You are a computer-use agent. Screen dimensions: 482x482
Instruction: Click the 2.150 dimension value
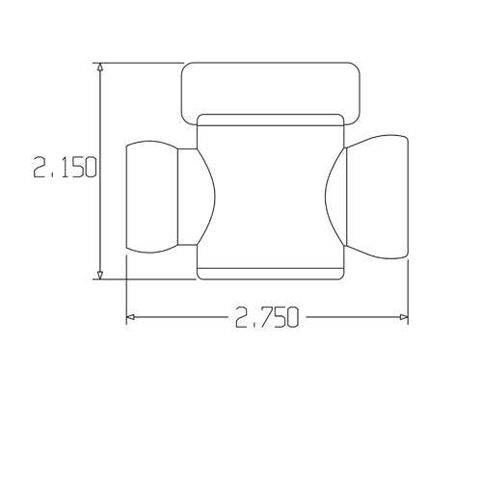pyautogui.click(x=65, y=167)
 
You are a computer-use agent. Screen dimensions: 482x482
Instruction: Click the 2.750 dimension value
pyautogui.click(x=267, y=317)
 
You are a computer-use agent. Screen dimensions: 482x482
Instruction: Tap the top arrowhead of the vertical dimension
pyautogui.click(x=100, y=67)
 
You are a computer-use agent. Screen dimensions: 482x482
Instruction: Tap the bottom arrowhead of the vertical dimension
pyautogui.click(x=100, y=275)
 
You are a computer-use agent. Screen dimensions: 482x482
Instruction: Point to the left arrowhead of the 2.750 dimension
pyautogui.click(x=130, y=317)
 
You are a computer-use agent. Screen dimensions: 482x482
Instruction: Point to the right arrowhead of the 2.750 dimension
pyautogui.click(x=404, y=317)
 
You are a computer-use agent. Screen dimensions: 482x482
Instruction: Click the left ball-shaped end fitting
pyautogui.click(x=152, y=197)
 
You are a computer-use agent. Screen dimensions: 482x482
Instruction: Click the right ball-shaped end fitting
pyautogui.click(x=378, y=197)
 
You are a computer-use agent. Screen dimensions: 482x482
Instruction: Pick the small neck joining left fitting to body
pyautogui.click(x=187, y=197)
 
